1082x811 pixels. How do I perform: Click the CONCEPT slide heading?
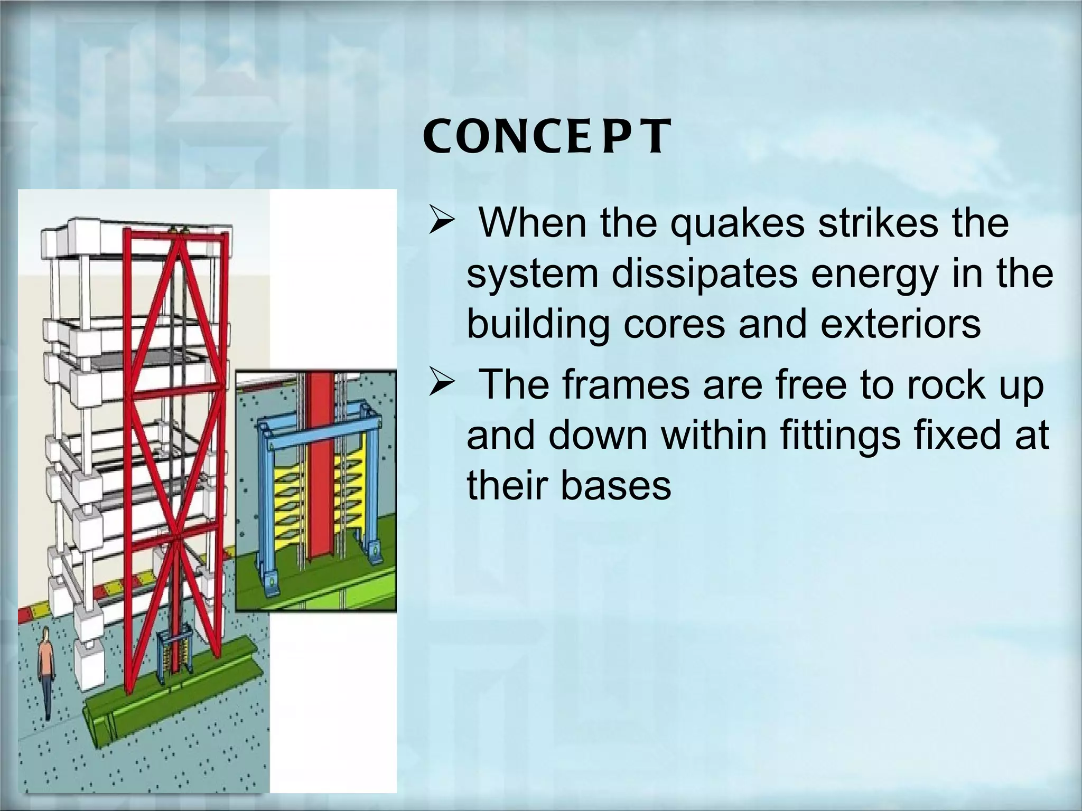click(547, 136)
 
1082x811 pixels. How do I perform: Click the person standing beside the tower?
click(46, 671)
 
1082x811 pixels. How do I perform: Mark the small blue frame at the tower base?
click(172, 655)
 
